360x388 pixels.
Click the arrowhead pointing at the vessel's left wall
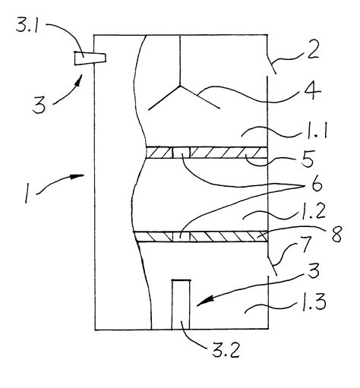pyautogui.click(x=77, y=176)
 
